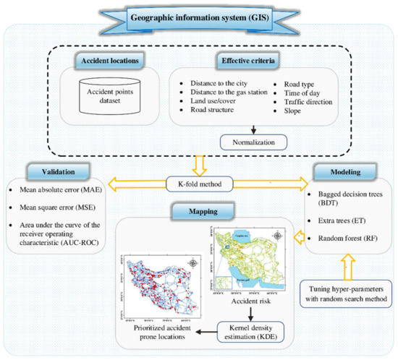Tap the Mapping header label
pos(198,211)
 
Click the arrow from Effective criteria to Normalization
pos(253,130)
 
